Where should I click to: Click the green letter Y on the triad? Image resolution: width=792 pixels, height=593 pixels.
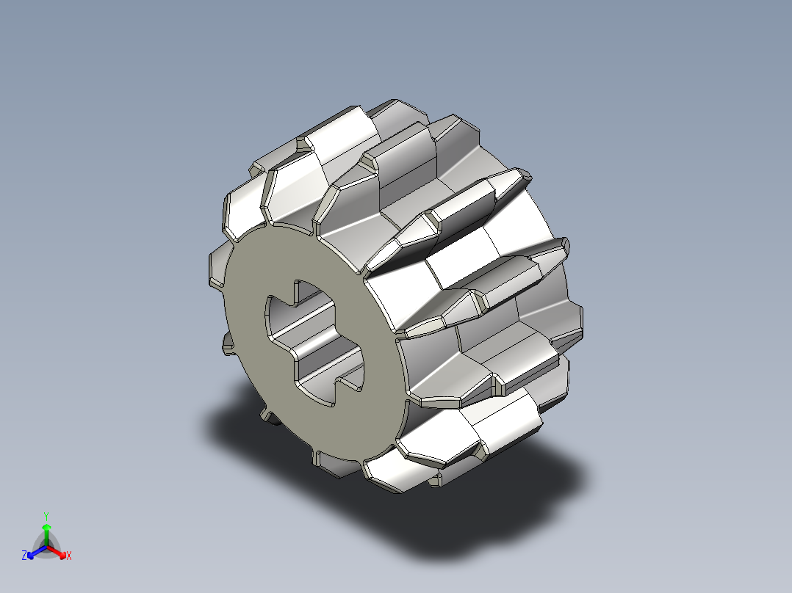46,516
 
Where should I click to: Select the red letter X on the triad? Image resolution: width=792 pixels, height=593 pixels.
69,556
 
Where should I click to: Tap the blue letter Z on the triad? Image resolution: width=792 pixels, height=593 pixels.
24,556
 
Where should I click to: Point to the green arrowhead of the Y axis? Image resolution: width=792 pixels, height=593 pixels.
46,527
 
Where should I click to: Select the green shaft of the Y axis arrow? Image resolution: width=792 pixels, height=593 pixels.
46,538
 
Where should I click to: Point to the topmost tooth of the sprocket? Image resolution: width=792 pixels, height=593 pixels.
400,110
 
